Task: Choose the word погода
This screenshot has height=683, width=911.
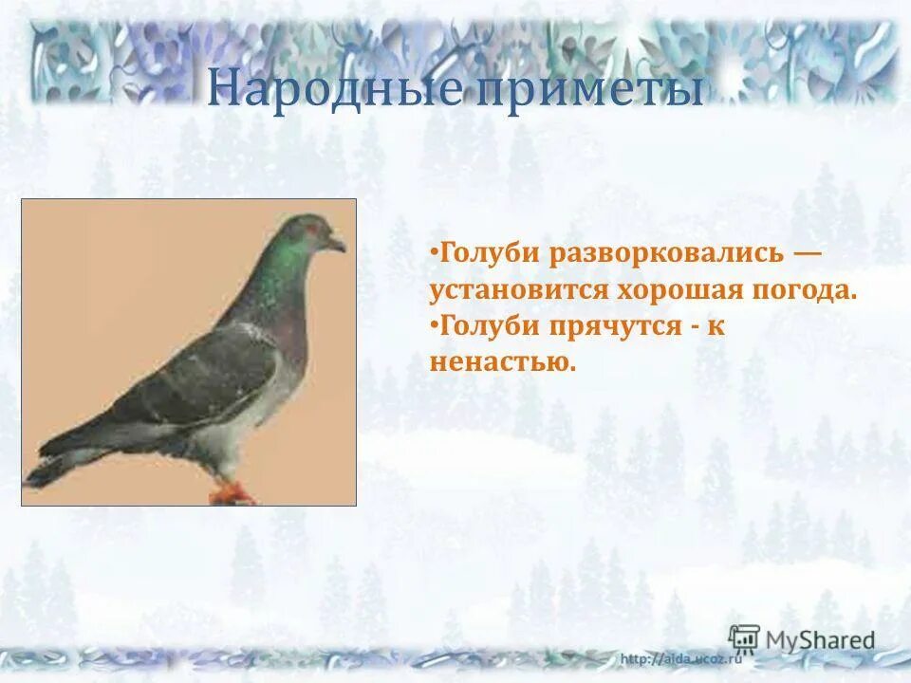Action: point(809,289)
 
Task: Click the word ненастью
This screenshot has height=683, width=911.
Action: point(502,361)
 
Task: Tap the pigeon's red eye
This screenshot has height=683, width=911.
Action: point(309,229)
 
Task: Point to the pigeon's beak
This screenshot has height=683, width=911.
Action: point(337,245)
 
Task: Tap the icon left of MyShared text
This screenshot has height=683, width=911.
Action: point(744,638)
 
